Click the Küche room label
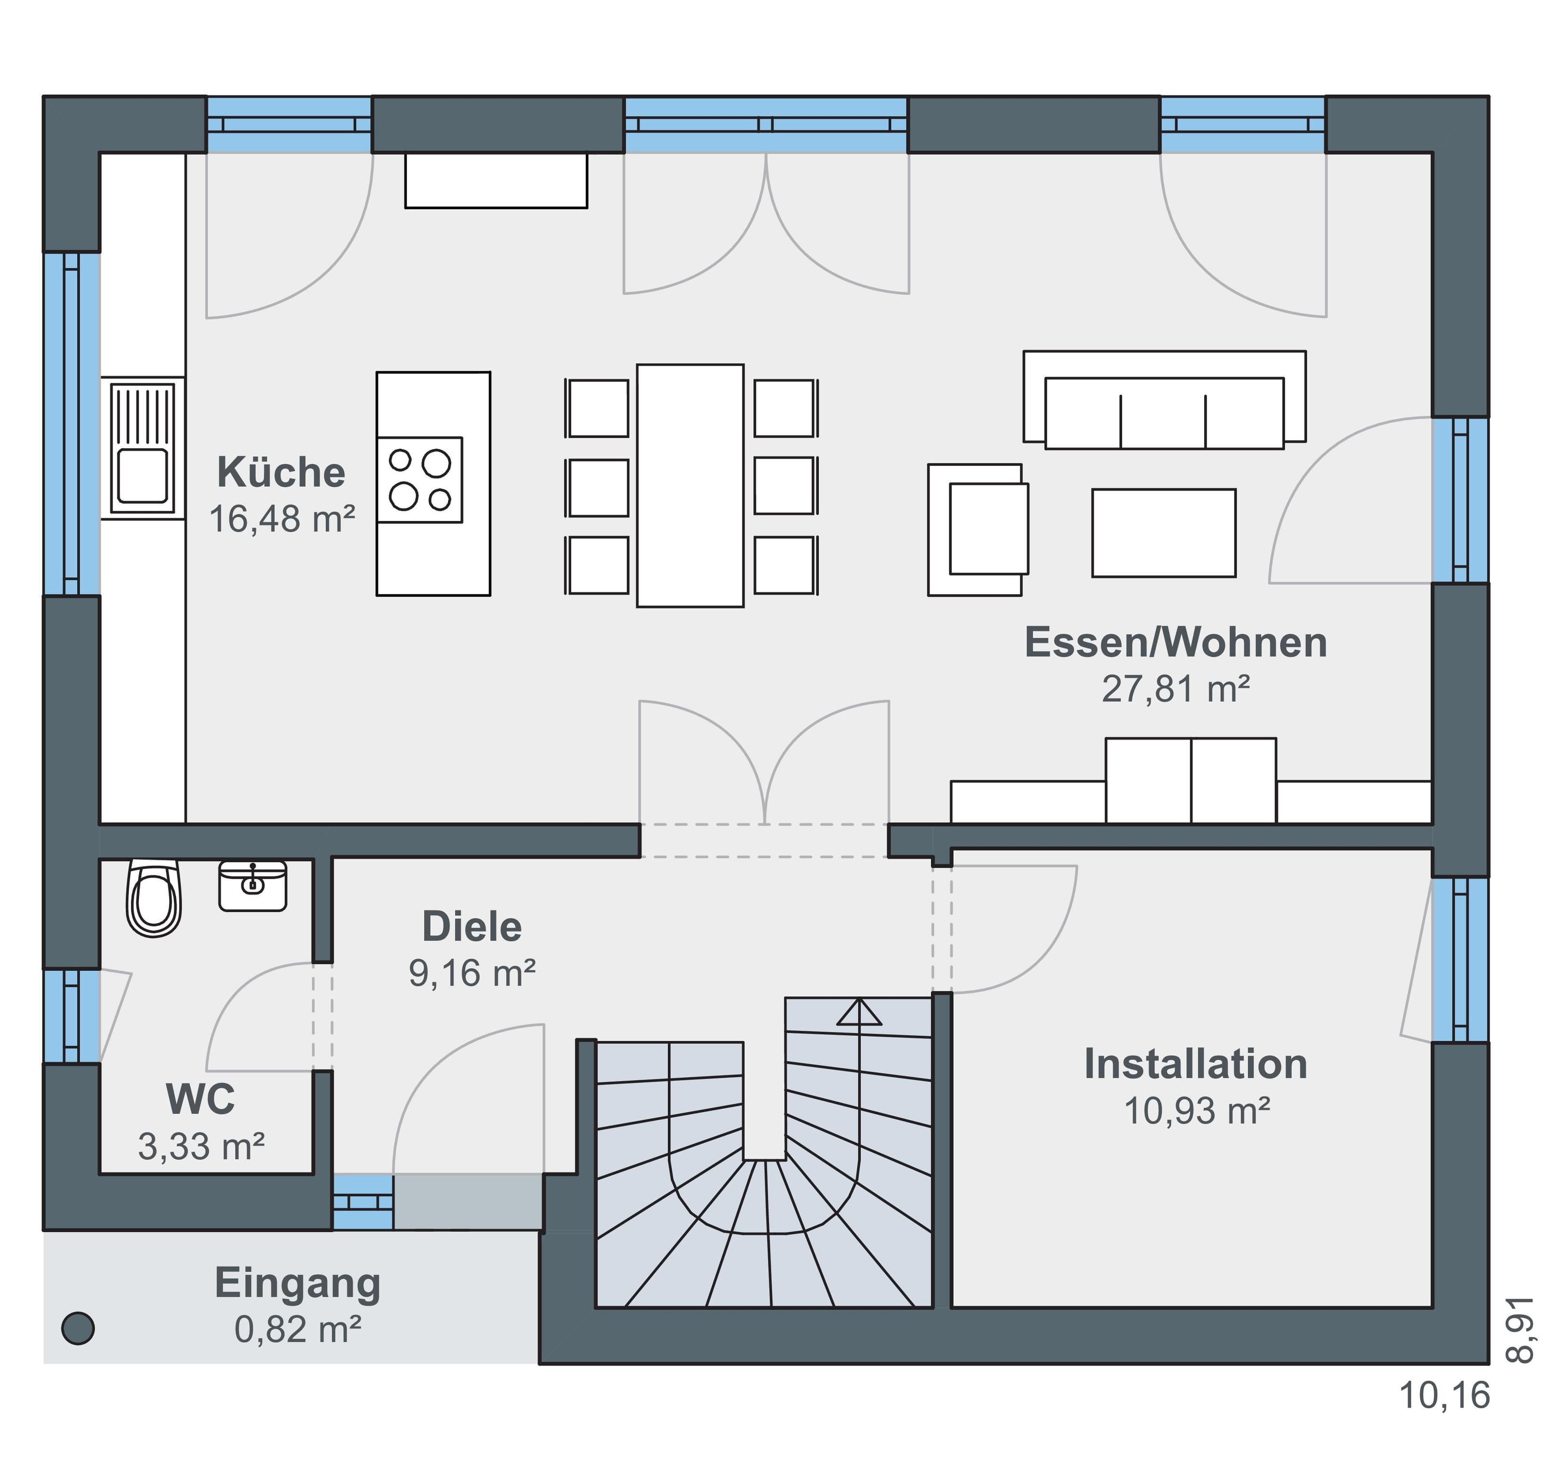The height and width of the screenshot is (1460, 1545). click(x=281, y=472)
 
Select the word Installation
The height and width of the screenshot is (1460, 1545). click(x=1195, y=1065)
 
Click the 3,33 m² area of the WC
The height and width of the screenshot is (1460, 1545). click(x=202, y=1146)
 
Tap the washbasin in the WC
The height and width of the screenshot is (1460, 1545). click(x=252, y=885)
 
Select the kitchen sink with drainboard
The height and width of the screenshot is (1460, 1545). click(x=142, y=448)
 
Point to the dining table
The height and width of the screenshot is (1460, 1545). click(x=689, y=486)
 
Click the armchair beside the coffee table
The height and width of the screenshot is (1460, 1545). click(x=978, y=530)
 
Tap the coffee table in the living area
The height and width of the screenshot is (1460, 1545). click(x=1164, y=533)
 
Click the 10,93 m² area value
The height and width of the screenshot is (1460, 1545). click(x=1197, y=1111)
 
